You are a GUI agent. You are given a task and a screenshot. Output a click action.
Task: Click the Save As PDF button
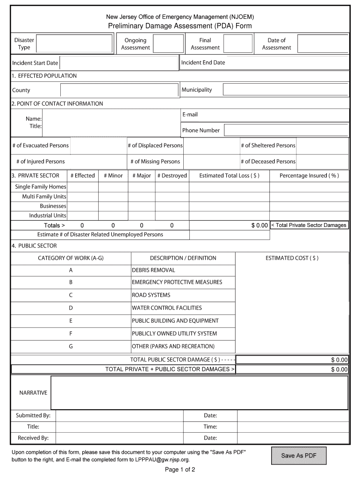pyautogui.click(x=298, y=456)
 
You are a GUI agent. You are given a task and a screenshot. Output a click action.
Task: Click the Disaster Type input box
pyautogui.click(x=75, y=44)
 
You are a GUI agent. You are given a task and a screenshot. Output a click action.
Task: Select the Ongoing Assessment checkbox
pyautogui.click(x=168, y=44)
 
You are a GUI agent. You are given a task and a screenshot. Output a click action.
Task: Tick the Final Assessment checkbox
pyautogui.click(x=238, y=44)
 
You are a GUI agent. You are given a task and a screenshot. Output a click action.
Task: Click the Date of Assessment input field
pyautogui.click(x=323, y=44)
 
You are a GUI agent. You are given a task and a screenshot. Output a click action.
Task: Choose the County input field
pyautogui.click(x=119, y=90)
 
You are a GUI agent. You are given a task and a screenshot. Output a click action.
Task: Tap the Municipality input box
pyautogui.click(x=285, y=90)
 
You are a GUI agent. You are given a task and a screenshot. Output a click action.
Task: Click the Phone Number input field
pyautogui.click(x=285, y=131)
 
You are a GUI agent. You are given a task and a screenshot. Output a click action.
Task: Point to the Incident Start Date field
pyautogui.click(x=119, y=63)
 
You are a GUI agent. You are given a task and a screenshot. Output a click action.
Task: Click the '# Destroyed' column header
pyautogui.click(x=172, y=176)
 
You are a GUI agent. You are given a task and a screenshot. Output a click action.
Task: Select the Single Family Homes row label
pyautogui.click(x=41, y=187)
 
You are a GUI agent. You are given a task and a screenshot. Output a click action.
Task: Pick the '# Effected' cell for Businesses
pyautogui.click(x=83, y=206)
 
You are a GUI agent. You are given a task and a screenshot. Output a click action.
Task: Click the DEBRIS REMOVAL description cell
pyautogui.click(x=183, y=270)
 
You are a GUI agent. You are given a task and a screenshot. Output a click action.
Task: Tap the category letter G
pyautogui.click(x=71, y=347)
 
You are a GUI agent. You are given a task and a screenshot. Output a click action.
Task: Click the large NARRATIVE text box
pyautogui.click(x=199, y=393)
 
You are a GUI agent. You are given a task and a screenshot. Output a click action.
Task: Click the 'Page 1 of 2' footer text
pyautogui.click(x=180, y=470)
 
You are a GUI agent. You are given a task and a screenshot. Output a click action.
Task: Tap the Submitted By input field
pyautogui.click(x=119, y=416)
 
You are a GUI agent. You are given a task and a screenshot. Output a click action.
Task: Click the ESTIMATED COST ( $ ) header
pyautogui.click(x=292, y=258)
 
